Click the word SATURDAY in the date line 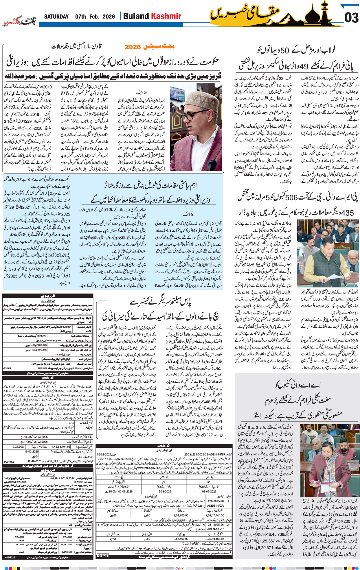(56, 17)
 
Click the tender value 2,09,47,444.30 (214, 515)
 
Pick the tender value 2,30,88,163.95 (215, 539)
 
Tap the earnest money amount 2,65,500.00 (181, 539)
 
